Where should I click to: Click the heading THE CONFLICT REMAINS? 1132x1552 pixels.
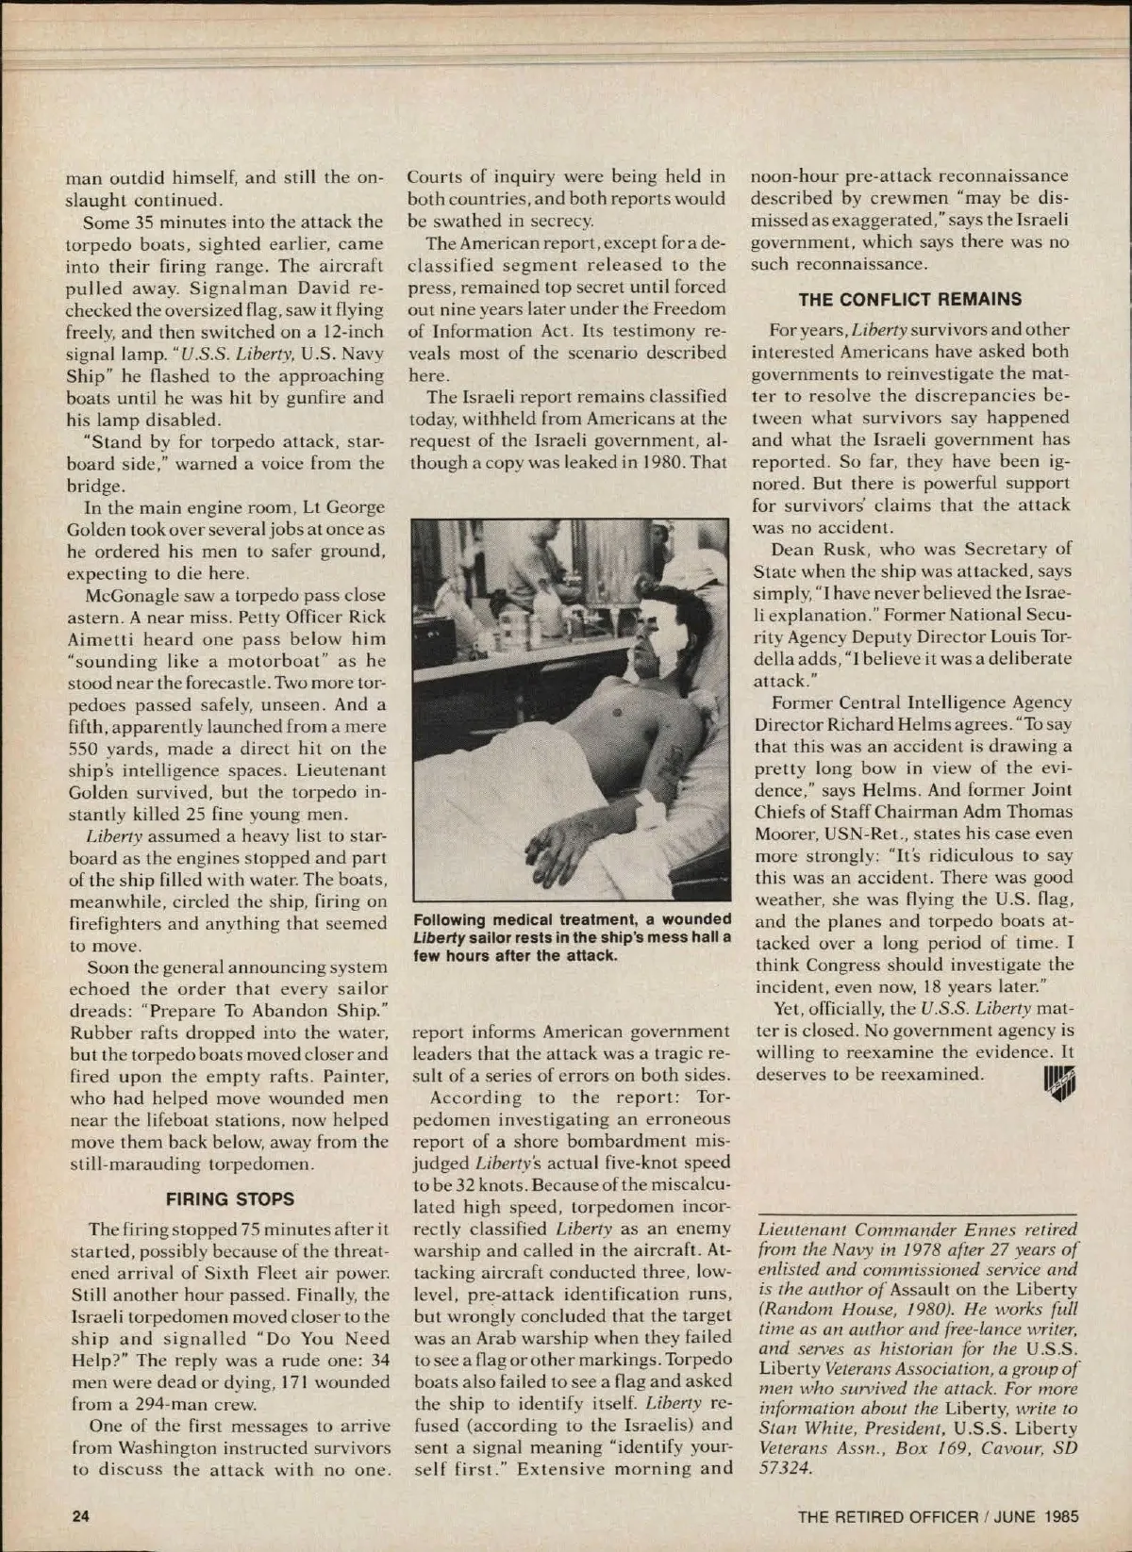pos(909,300)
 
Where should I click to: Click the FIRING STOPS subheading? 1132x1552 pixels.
pos(230,1199)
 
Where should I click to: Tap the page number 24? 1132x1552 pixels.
pos(80,1516)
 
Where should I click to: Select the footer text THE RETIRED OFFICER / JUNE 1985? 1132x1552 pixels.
pos(938,1517)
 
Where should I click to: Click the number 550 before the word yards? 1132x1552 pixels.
pos(86,749)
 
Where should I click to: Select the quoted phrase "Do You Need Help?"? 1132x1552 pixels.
pos(312,1349)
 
